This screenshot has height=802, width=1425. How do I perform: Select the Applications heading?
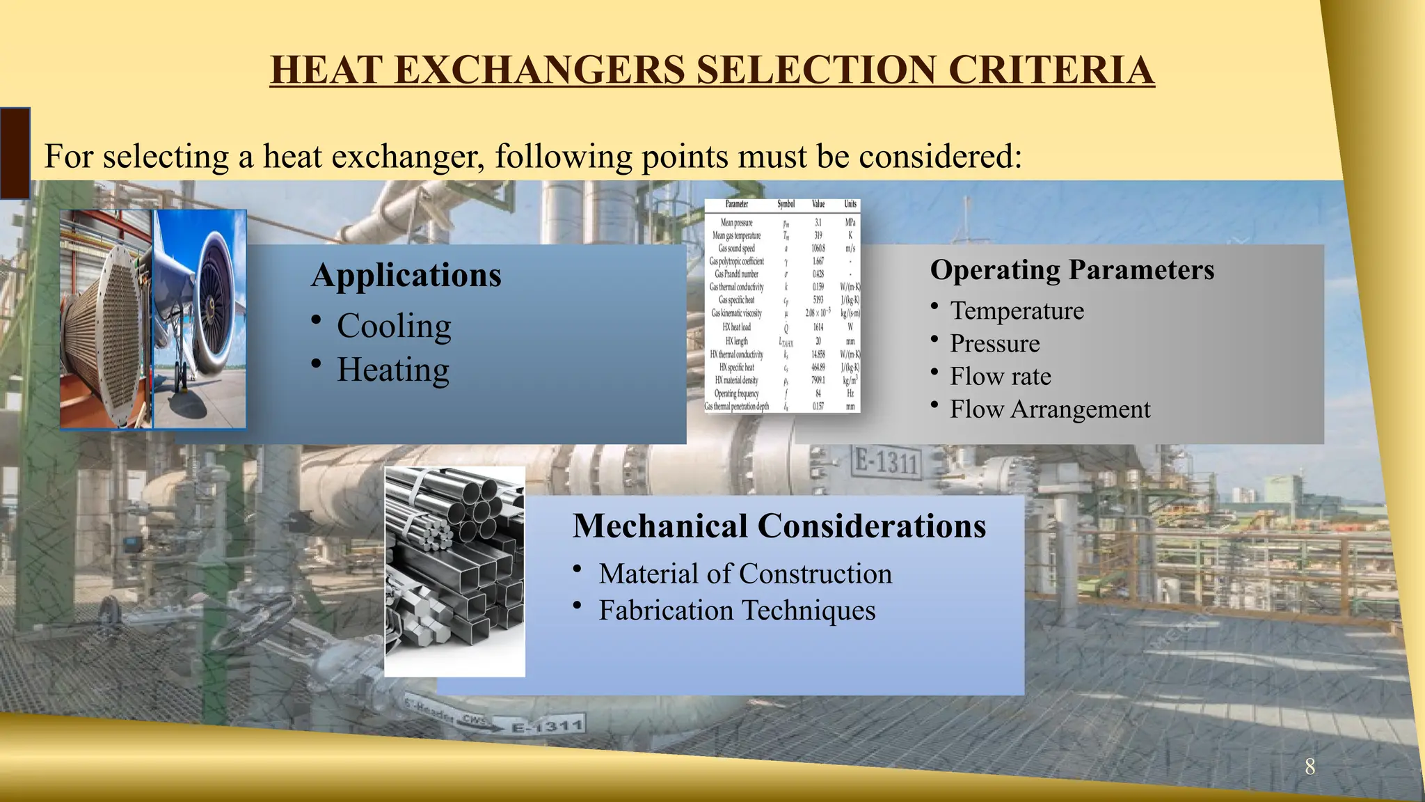pyautogui.click(x=406, y=275)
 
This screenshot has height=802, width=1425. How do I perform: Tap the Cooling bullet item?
pyautogui.click(x=394, y=326)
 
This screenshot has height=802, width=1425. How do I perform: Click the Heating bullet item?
pyautogui.click(x=393, y=370)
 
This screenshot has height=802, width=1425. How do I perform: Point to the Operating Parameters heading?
pyautogui.click(x=1072, y=270)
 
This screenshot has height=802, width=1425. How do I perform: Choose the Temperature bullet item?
pyautogui.click(x=1017, y=310)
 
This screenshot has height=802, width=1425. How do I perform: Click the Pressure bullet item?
pyautogui.click(x=994, y=343)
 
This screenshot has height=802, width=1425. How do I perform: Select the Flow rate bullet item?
pyautogui.click(x=1000, y=377)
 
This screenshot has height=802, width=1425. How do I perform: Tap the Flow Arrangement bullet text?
pyautogui.click(x=1050, y=409)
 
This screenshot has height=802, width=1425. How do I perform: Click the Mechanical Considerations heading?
pyautogui.click(x=779, y=526)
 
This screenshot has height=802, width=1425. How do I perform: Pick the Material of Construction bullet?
pyautogui.click(x=745, y=574)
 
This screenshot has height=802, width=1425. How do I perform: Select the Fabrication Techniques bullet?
pyautogui.click(x=737, y=611)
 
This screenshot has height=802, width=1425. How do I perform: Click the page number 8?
pyautogui.click(x=1309, y=767)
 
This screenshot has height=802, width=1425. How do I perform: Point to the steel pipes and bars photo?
pyautogui.click(x=454, y=571)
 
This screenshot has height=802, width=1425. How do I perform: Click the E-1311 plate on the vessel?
pyautogui.click(x=886, y=462)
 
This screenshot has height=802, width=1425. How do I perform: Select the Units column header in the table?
pyautogui.click(x=850, y=204)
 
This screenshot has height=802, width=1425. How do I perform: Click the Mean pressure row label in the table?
pyautogui.click(x=736, y=223)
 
